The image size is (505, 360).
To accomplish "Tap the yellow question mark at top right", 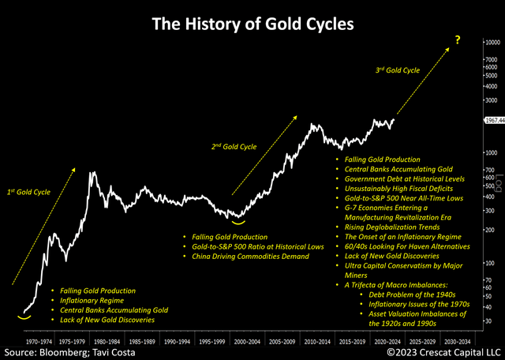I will (x=456, y=39).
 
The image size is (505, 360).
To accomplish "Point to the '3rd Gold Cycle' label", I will (x=399, y=70).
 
